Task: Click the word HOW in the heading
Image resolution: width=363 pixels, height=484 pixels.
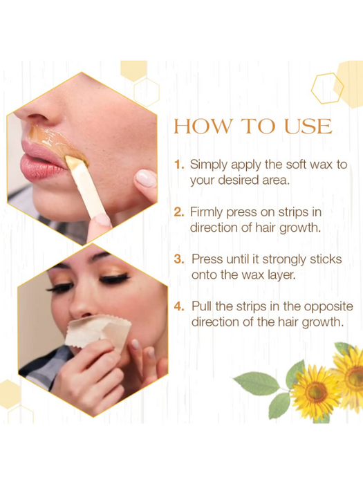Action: pyautogui.click(x=203, y=127)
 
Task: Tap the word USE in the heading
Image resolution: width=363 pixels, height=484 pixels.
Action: pyautogui.click(x=308, y=127)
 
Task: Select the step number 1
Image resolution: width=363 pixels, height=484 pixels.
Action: pyautogui.click(x=179, y=165)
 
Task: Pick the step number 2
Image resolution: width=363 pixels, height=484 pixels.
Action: pyautogui.click(x=179, y=212)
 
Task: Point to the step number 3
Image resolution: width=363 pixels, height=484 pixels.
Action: pyautogui.click(x=179, y=259)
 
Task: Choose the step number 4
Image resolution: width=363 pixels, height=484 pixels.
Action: pyautogui.click(x=179, y=306)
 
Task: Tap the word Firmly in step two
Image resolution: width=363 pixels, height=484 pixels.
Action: pyautogui.click(x=206, y=213)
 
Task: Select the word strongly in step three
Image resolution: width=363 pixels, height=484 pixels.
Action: pyautogui.click(x=284, y=260)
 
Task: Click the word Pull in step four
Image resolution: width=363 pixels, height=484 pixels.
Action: pyautogui.click(x=202, y=306)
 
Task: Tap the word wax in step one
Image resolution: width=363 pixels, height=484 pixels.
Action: pyautogui.click(x=321, y=165)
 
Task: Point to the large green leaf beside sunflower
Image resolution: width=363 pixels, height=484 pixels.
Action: pyautogui.click(x=256, y=383)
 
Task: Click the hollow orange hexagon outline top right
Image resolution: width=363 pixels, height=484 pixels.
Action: pyautogui.click(x=327, y=89)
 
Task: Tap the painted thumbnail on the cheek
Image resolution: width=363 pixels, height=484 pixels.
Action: pyautogui.click(x=146, y=178)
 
